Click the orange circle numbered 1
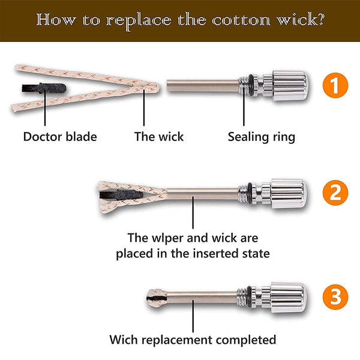(x=335, y=85)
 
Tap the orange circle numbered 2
(x=335, y=193)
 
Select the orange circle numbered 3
(x=335, y=297)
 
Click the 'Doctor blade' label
(x=60, y=137)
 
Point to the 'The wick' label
(x=159, y=137)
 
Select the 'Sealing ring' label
(x=262, y=137)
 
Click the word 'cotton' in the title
(x=241, y=20)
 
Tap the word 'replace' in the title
(x=139, y=21)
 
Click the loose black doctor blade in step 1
(x=44, y=88)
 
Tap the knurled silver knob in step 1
(x=290, y=86)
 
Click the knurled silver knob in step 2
(x=289, y=194)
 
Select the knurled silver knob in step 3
(x=289, y=298)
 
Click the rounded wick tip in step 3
(x=157, y=298)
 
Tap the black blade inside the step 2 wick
(x=121, y=194)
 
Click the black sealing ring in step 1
(x=251, y=85)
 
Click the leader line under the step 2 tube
(x=193, y=212)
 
